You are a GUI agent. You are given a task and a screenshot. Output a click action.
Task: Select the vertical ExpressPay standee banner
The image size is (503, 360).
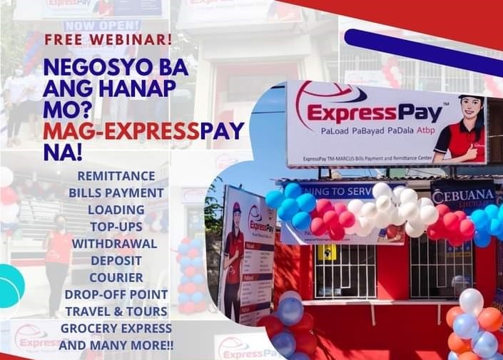(247, 250)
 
